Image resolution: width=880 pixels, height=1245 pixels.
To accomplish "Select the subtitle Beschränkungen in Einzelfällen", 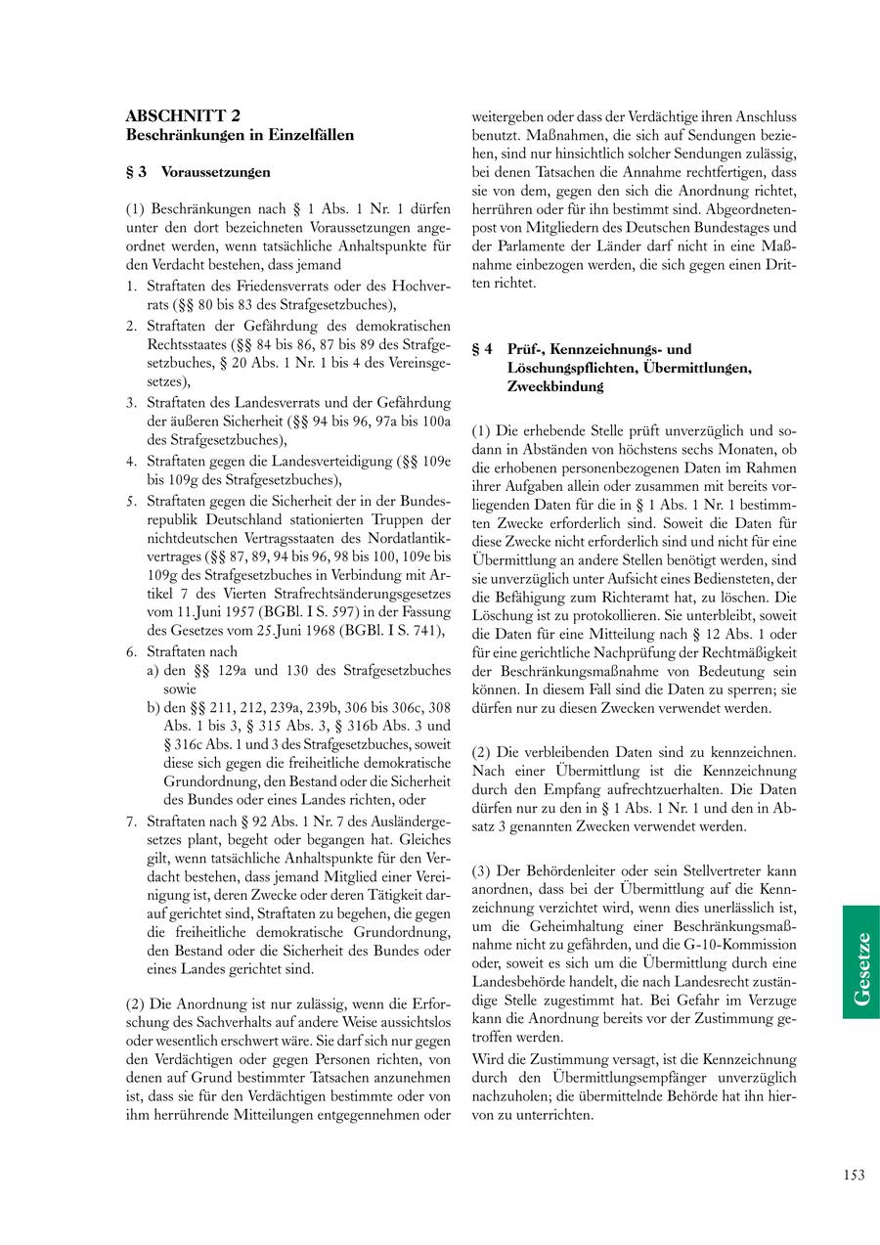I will click(x=240, y=135).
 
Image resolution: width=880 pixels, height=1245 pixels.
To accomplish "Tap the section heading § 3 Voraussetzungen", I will click(x=198, y=171).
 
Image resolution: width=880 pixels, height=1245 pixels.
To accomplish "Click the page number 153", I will click(x=854, y=1175).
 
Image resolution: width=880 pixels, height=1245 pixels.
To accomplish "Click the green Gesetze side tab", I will click(x=861, y=961).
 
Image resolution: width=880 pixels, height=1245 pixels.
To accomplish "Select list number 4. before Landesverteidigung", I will click(x=131, y=461).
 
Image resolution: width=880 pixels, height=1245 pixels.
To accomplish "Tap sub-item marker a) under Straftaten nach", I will click(x=154, y=670).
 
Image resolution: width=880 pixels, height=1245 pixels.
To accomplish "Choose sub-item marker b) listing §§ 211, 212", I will click(x=154, y=706).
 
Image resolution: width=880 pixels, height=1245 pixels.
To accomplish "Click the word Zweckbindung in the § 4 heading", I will click(x=554, y=386).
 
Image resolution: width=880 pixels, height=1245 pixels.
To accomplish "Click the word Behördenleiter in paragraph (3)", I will click(x=562, y=869).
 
